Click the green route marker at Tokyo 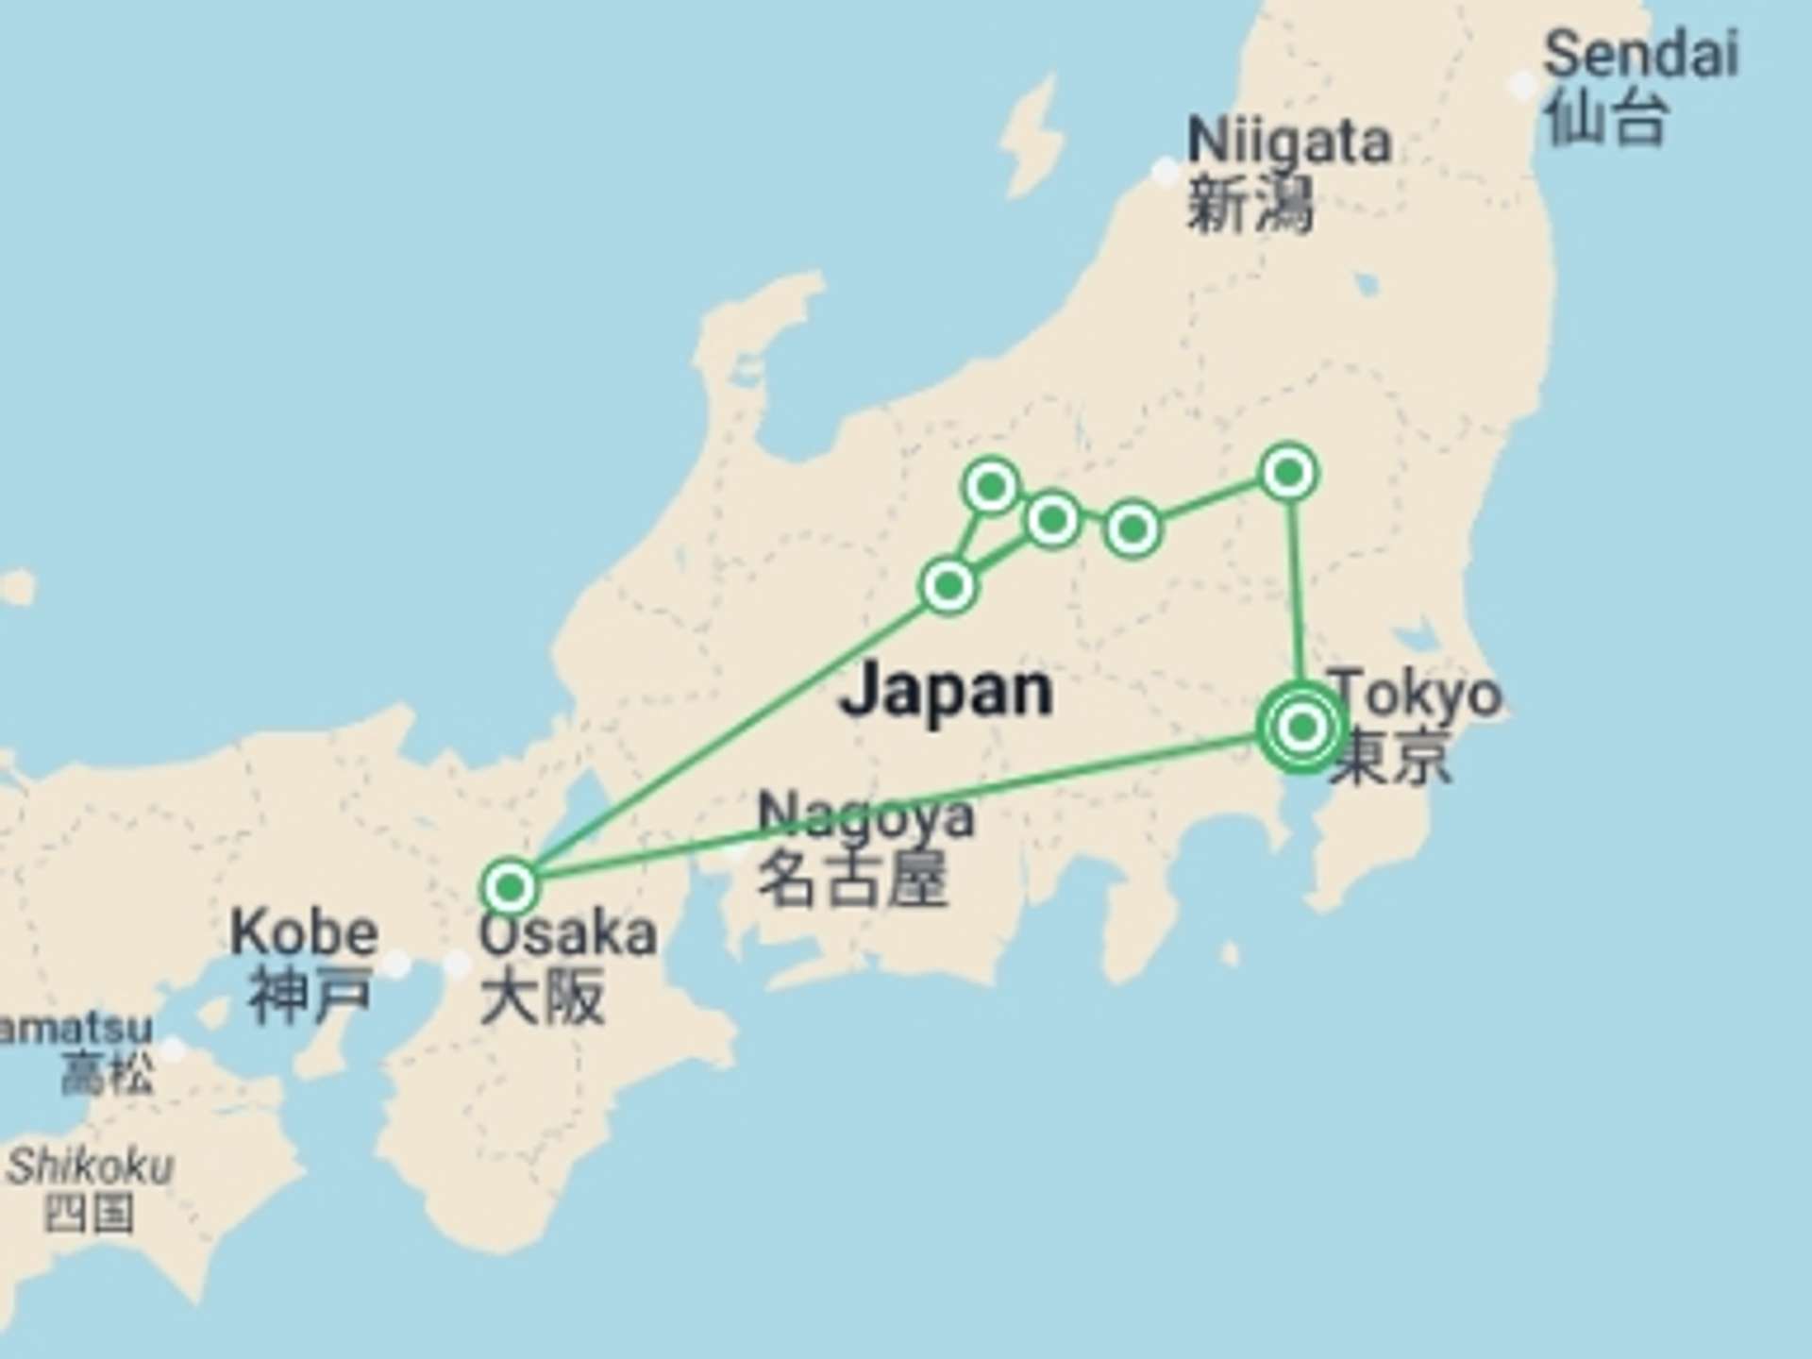pyautogui.click(x=1302, y=728)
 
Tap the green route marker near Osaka pyautogui.click(x=510, y=887)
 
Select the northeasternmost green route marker pyautogui.click(x=1289, y=472)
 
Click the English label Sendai pyautogui.click(x=1640, y=54)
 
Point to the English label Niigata pyautogui.click(x=1288, y=142)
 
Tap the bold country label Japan pyautogui.click(x=947, y=691)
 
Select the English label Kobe pyautogui.click(x=304, y=932)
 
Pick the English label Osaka pyautogui.click(x=568, y=934)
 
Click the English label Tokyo pyautogui.click(x=1416, y=694)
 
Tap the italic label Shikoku pyautogui.click(x=91, y=1166)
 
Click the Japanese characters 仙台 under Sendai pyautogui.click(x=1606, y=118)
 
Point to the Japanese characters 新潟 pyautogui.click(x=1249, y=205)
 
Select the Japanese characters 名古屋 pyautogui.click(x=852, y=879)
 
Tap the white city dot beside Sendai pyautogui.click(x=1521, y=85)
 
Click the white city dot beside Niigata pyautogui.click(x=1166, y=172)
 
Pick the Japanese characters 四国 pyautogui.click(x=89, y=1214)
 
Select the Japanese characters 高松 pyautogui.click(x=107, y=1073)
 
